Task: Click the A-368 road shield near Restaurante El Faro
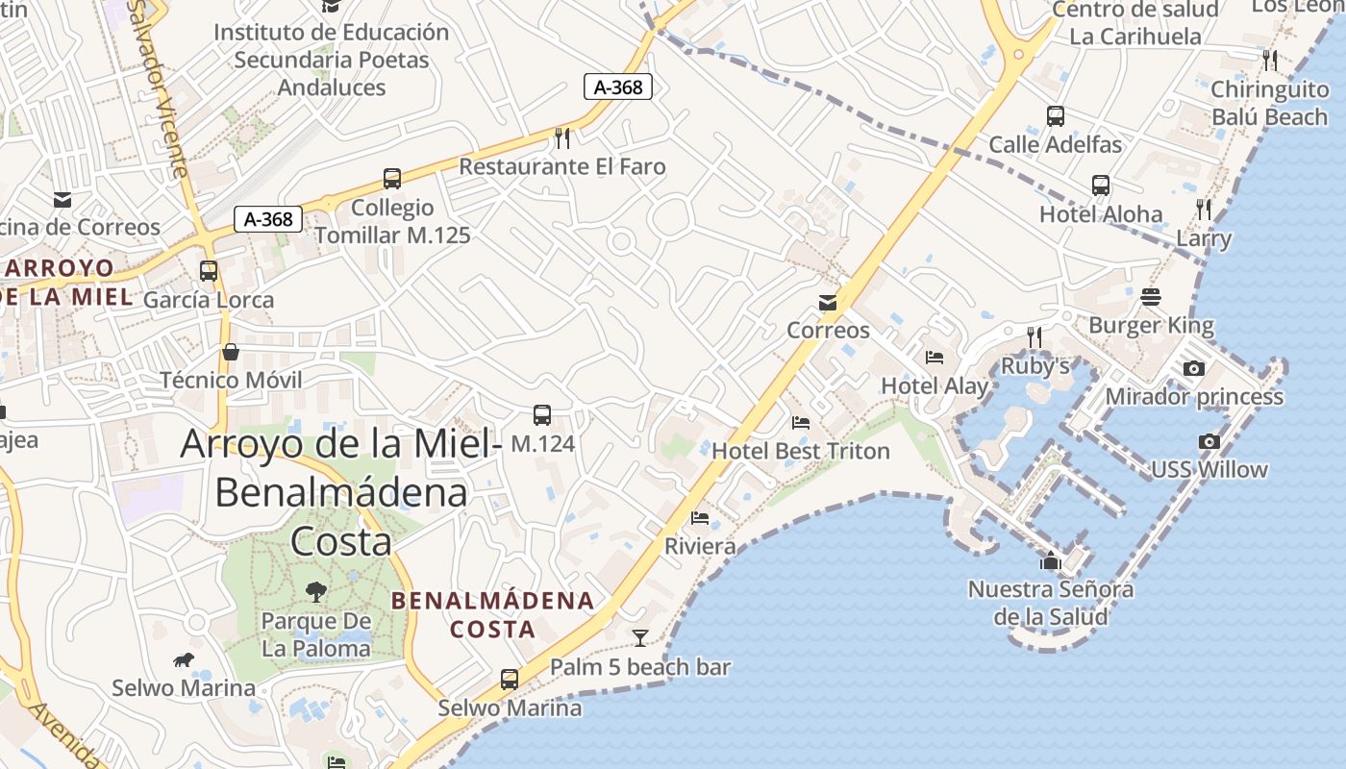point(618,87)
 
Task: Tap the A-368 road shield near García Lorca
point(268,219)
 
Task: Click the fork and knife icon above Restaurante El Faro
point(562,138)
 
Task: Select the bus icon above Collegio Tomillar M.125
point(392,179)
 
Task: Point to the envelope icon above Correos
point(828,304)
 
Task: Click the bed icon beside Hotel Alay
point(935,358)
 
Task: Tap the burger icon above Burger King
point(1151,297)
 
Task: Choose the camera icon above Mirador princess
point(1194,369)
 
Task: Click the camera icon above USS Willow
point(1209,442)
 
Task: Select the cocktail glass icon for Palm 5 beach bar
point(639,637)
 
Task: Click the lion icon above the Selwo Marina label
point(184,659)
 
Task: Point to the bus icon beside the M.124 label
point(542,415)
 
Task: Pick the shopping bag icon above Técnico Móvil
point(231,352)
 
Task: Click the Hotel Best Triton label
point(801,451)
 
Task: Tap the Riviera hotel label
point(700,546)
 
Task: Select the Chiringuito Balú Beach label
point(1269,103)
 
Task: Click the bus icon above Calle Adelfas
point(1056,116)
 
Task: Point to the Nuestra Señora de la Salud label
point(1051,603)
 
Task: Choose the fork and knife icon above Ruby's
point(1034,337)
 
